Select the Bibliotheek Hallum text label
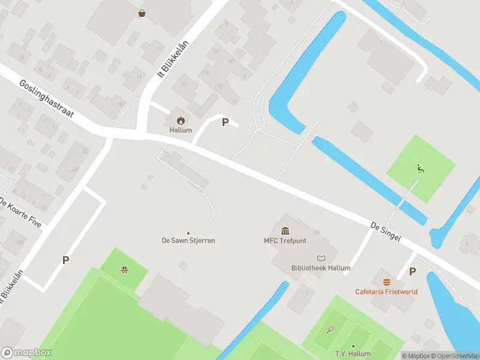(320, 268)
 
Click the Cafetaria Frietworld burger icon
(386, 281)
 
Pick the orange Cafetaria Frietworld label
(386, 292)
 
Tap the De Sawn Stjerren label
(188, 241)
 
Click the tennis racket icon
(330, 329)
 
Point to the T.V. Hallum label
(353, 355)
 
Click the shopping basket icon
(142, 13)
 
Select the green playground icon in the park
(420, 169)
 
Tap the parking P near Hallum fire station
(225, 122)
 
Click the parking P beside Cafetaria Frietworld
(412, 271)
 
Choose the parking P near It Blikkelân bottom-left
(65, 260)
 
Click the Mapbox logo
(26, 353)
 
